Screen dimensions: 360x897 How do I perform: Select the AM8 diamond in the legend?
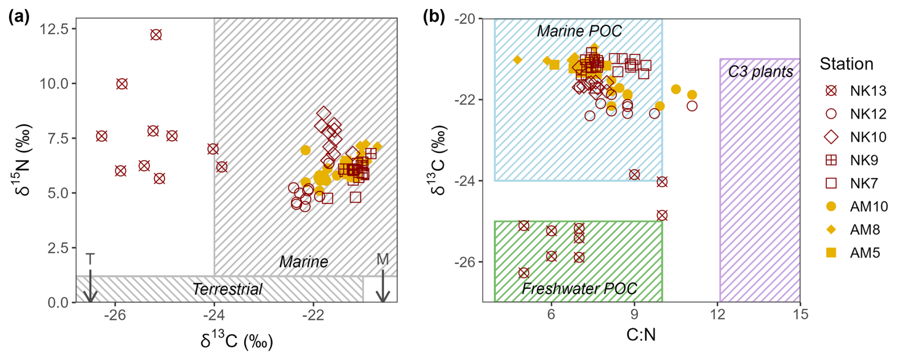click(x=831, y=230)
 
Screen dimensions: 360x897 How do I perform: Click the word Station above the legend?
click(x=846, y=64)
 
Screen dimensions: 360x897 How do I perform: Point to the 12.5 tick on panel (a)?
click(x=55, y=29)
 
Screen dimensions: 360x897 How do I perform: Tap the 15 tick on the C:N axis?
click(x=800, y=314)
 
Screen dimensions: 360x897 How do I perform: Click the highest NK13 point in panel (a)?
click(x=156, y=35)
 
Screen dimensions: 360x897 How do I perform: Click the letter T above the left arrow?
click(x=90, y=259)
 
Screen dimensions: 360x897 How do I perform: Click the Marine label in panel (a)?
click(x=303, y=261)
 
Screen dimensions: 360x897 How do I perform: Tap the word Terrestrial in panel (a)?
click(x=227, y=289)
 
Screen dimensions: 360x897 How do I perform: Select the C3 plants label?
click(x=760, y=72)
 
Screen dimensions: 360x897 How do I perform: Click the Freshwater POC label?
click(x=579, y=288)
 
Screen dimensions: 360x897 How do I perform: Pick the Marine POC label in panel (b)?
click(x=579, y=31)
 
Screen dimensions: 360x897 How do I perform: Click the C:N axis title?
click(x=641, y=335)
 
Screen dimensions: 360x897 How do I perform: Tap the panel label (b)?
click(x=433, y=17)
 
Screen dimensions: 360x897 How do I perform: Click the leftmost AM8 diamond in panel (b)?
click(x=517, y=60)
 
